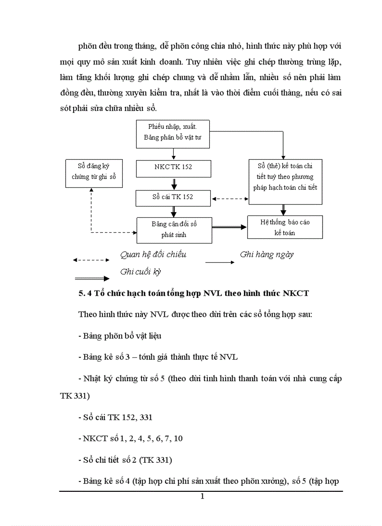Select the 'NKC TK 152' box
(173, 167)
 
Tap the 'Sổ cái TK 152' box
(173, 197)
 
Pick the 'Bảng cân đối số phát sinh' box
(174, 230)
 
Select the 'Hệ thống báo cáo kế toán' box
(285, 227)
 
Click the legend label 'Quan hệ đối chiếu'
(153, 254)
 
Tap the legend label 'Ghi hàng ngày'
(266, 254)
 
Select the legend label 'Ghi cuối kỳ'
(140, 271)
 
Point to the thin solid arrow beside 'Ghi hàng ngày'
(220, 262)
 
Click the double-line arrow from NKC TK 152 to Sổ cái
(174, 183)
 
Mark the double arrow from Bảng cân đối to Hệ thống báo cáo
(229, 227)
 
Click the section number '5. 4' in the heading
(85, 294)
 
